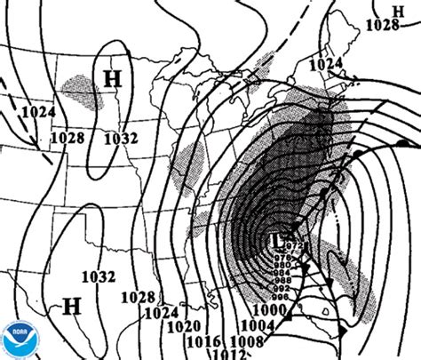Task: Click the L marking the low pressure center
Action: click(x=278, y=239)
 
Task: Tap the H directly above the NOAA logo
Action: click(x=72, y=307)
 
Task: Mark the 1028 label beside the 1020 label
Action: click(x=139, y=297)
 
